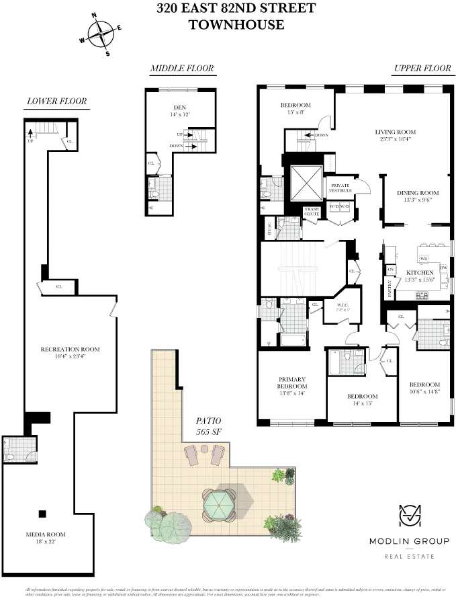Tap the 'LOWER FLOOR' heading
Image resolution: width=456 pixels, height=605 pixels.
tap(56, 102)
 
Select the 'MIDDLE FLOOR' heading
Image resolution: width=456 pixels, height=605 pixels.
tap(181, 68)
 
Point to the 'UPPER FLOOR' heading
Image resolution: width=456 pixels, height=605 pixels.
tap(422, 68)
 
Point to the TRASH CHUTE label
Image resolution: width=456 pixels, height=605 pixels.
tap(312, 212)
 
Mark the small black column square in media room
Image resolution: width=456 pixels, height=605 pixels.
tap(42, 514)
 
